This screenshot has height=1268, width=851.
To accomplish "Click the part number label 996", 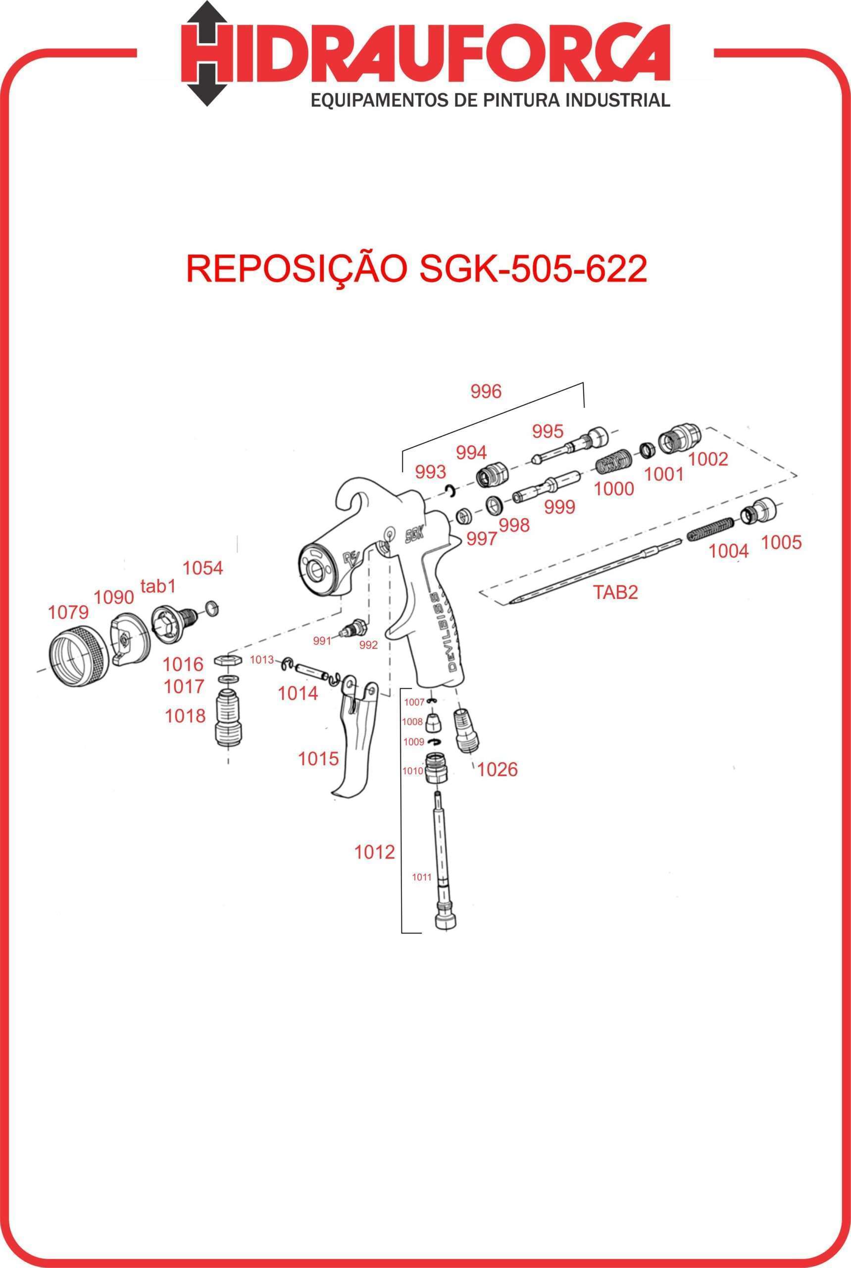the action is point(486,391).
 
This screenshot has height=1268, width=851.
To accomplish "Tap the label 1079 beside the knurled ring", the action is point(68,613).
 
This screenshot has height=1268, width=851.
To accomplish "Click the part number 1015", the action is point(318,759).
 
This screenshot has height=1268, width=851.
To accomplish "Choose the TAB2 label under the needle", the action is point(615,592).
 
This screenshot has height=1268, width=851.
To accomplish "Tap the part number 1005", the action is point(781,542).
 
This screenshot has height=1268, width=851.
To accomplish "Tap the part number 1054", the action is point(202,568).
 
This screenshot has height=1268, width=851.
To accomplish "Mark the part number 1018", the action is point(186,716).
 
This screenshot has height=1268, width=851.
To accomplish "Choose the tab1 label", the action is point(158,586).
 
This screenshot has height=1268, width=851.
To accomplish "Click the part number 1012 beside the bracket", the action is point(374,852).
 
